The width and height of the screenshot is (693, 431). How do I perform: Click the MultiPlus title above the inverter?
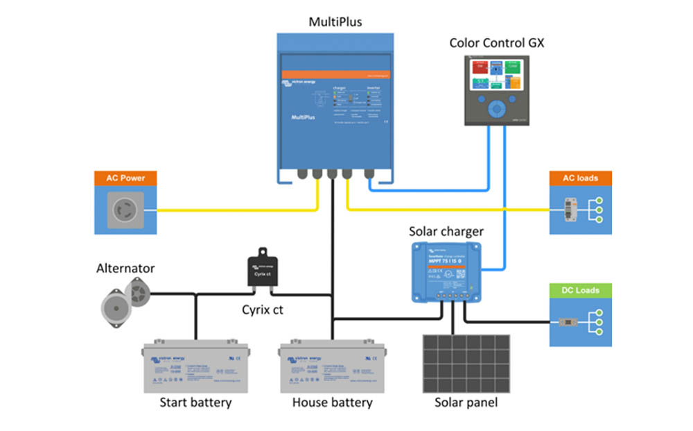coord(335,22)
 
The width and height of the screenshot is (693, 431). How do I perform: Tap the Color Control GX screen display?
coord(496,76)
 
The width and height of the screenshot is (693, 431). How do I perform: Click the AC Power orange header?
coord(125,178)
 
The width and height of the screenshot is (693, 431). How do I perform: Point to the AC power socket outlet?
coord(125,210)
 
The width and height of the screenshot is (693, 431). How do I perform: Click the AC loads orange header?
coord(581,178)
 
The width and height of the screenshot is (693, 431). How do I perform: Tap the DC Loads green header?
coord(581,290)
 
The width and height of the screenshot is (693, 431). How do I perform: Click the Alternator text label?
coord(125,269)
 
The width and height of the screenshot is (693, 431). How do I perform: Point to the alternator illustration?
coord(125,296)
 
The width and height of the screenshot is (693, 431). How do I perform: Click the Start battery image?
coord(195,367)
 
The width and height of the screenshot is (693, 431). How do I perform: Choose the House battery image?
coord(332,367)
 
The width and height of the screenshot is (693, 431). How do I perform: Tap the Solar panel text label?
coord(466,403)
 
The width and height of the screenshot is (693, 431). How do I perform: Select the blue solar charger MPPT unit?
coord(446,272)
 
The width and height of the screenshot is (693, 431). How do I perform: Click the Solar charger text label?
coord(446,231)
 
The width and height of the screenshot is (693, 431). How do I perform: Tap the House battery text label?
coord(332,403)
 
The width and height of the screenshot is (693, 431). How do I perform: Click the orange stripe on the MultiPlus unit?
coord(335,74)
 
